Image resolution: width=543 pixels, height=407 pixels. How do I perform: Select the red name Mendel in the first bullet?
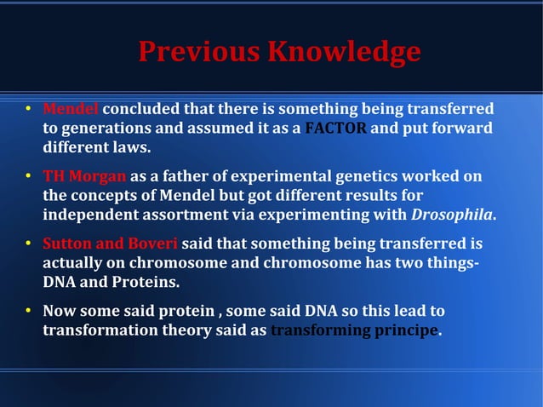tap(71, 110)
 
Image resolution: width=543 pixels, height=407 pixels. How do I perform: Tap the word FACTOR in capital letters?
tap(336, 129)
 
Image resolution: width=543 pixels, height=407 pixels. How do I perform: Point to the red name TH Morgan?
tap(84, 176)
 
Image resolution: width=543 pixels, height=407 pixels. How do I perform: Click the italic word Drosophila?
tap(453, 214)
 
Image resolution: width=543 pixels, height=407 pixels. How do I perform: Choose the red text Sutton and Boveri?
tap(111, 243)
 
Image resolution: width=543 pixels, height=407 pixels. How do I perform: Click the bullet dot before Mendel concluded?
tap(28, 110)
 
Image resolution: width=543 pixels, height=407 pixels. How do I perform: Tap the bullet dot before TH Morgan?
tap(28, 176)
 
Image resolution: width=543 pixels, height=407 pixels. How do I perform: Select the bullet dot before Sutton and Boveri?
tap(28, 243)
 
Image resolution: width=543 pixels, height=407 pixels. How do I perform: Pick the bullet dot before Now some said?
tap(28, 311)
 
